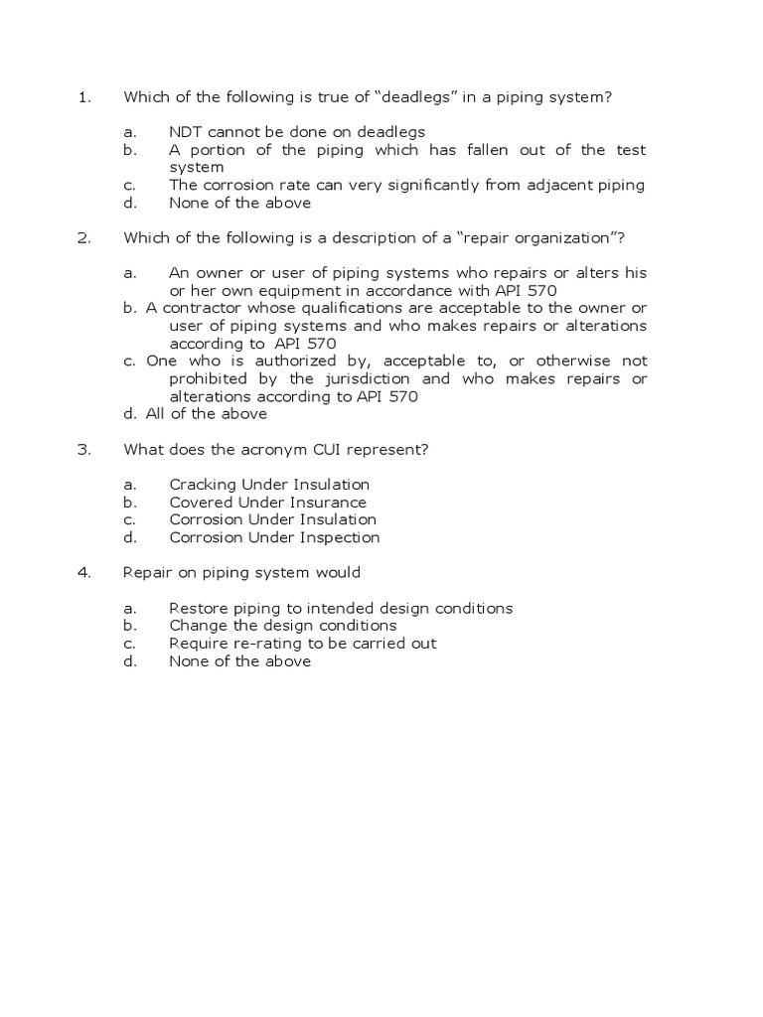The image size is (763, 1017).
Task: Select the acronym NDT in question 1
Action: pos(185,132)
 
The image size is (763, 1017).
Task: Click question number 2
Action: pos(83,238)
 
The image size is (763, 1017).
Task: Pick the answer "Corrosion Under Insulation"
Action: pos(272,519)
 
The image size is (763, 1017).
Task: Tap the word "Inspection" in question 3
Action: pos(339,537)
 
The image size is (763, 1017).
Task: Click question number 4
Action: pos(83,572)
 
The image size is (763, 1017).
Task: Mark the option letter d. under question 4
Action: pos(129,660)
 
